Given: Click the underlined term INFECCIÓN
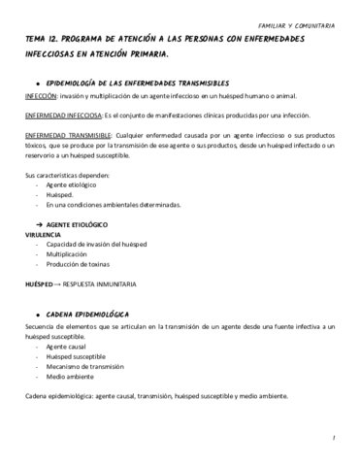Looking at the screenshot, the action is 42,98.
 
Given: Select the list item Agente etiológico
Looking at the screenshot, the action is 73,185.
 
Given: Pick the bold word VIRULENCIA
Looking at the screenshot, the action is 44,234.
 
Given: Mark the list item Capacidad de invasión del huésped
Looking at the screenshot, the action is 101,244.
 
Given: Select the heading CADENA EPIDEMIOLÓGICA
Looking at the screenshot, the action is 90,316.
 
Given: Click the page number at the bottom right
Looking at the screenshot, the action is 332,438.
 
